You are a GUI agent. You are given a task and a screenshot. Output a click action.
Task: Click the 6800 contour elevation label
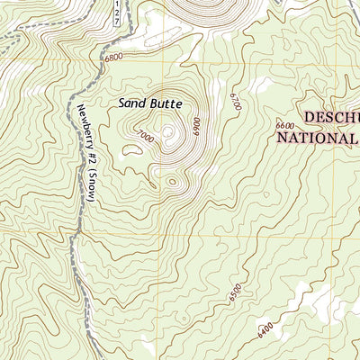pos(113,57)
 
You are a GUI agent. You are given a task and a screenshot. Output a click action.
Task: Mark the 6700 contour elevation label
pos(236,100)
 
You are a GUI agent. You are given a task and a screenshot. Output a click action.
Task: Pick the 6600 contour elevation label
pos(285,125)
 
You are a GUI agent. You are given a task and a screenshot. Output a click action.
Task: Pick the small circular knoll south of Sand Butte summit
pos(172,182)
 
